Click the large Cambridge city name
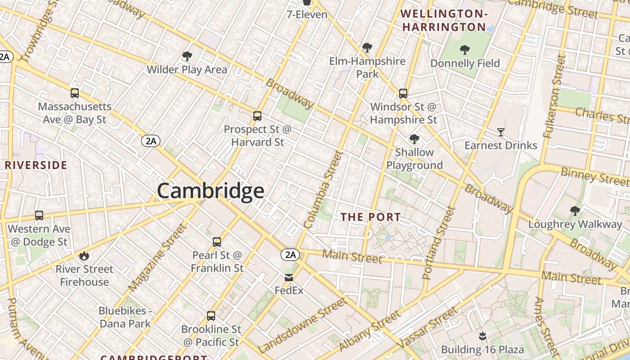[210, 191]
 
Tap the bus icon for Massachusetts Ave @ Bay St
[75, 93]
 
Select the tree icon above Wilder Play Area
[187, 56]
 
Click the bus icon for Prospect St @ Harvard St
[257, 116]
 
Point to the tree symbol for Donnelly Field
[465, 50]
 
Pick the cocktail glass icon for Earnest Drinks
[501, 132]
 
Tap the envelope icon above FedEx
[289, 278]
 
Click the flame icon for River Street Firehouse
[84, 256]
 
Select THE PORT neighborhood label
[370, 217]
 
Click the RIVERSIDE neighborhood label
[36, 165]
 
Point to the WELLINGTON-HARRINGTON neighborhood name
[444, 21]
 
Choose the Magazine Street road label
[157, 257]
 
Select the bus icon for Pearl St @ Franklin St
[217, 242]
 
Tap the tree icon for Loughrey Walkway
[575, 211]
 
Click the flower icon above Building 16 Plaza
[482, 336]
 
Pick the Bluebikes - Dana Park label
[125, 317]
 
